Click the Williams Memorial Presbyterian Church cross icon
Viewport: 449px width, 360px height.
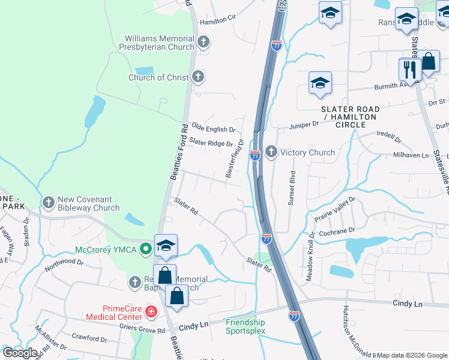[x=203, y=42]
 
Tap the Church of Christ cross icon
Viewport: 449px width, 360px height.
[x=198, y=77]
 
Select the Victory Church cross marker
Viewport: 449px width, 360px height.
[x=271, y=152]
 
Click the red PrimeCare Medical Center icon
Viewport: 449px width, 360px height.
[x=151, y=311]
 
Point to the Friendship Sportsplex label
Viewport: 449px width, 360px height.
[x=245, y=326]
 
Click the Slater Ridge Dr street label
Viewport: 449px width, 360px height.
[x=211, y=143]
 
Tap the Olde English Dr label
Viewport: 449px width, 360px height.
[x=212, y=129]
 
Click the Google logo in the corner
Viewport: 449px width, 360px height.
[x=20, y=353]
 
